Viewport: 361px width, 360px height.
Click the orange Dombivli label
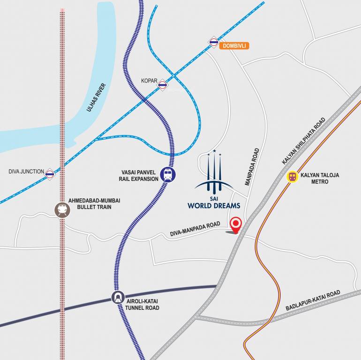[233, 46]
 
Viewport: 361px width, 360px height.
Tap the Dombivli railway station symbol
[214, 43]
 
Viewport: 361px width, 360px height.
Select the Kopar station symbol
[163, 85]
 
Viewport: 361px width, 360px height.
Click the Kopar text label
[149, 81]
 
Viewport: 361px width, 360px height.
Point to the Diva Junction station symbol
[50, 174]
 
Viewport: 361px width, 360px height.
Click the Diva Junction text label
[26, 172]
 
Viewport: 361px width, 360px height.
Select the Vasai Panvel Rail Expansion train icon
[168, 175]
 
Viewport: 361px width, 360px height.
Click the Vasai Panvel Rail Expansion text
[139, 175]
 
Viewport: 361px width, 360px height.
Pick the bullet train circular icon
[62, 210]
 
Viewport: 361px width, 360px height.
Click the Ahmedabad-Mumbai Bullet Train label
[97, 203]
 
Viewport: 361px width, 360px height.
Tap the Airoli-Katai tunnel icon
[118, 297]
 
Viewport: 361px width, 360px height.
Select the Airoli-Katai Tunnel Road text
[142, 304]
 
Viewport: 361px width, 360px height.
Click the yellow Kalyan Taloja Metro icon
[293, 177]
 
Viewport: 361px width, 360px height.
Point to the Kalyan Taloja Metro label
[320, 178]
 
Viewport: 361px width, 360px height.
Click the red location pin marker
[235, 224]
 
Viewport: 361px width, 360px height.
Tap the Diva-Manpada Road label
[195, 230]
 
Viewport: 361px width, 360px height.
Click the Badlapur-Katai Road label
[313, 301]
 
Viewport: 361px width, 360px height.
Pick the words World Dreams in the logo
[214, 205]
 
